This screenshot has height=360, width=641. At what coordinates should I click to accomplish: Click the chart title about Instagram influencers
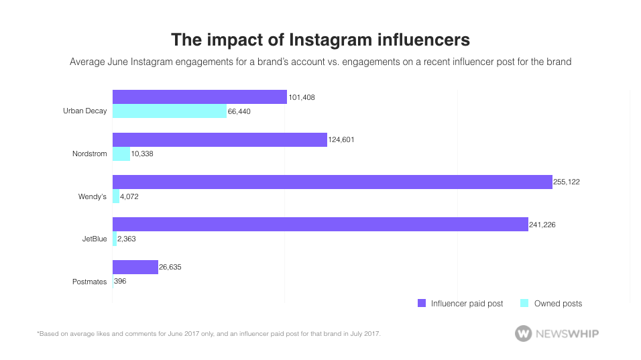(320, 40)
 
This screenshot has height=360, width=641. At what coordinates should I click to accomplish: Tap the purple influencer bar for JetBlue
(320, 224)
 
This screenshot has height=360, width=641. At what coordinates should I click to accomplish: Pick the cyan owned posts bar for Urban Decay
(169, 111)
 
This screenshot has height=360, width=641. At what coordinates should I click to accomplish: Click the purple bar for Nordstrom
(219, 139)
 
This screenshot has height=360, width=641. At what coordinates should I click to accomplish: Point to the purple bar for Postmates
(135, 267)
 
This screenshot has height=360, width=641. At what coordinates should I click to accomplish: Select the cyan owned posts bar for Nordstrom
(121, 154)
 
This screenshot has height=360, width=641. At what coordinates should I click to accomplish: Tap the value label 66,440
(239, 111)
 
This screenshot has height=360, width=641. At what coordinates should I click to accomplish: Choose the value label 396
(120, 281)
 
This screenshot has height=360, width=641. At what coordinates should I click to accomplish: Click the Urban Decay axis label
(84, 111)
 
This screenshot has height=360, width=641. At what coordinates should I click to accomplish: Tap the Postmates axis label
(89, 282)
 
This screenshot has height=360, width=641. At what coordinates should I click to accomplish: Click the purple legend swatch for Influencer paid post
(422, 304)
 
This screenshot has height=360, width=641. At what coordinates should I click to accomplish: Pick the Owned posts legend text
(558, 304)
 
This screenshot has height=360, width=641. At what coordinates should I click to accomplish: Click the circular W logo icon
(524, 333)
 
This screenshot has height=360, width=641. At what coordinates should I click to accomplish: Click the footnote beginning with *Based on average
(209, 333)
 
